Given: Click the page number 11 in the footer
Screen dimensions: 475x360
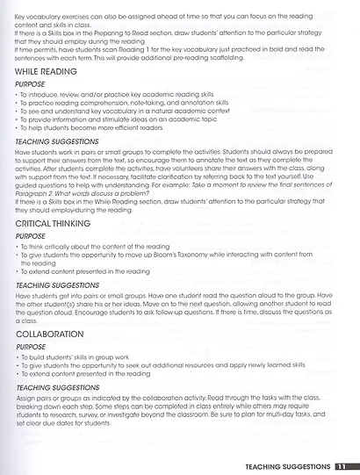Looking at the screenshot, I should (343, 466).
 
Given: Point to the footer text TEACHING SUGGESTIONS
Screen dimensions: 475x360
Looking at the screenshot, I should (287, 466).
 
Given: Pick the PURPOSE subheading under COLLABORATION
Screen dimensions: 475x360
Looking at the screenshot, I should (32, 348).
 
